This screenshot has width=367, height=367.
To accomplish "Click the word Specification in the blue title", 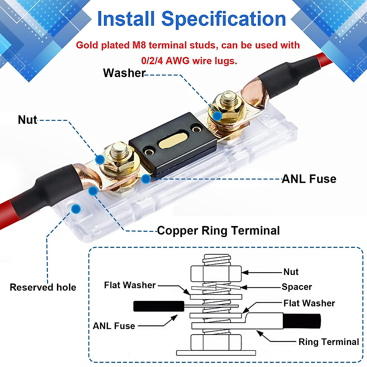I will [224, 19].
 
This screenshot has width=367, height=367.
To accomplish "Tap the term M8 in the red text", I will [139, 45].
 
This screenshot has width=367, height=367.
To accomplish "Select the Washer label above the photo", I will [124, 73].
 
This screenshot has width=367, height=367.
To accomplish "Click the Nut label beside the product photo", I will [28, 120].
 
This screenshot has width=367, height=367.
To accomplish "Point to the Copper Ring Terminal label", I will [218, 231].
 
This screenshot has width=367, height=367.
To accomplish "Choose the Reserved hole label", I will [43, 287].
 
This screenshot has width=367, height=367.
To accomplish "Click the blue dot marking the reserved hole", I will [76, 209].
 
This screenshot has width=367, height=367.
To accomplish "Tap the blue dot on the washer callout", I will [217, 116].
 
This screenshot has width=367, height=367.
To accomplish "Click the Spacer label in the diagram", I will [297, 287].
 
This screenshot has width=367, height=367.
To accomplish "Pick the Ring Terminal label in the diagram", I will [328, 342].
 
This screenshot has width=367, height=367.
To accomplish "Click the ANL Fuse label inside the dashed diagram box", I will [114, 326].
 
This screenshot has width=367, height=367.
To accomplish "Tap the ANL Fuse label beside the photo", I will [309, 179].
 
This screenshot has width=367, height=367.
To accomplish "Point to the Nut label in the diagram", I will [291, 272].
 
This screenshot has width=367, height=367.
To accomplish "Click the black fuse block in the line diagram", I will [159, 306].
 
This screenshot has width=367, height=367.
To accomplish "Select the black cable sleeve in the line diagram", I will [302, 321].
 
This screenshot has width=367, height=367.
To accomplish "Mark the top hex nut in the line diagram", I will [216, 273].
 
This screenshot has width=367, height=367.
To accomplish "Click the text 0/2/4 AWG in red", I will [165, 61].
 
